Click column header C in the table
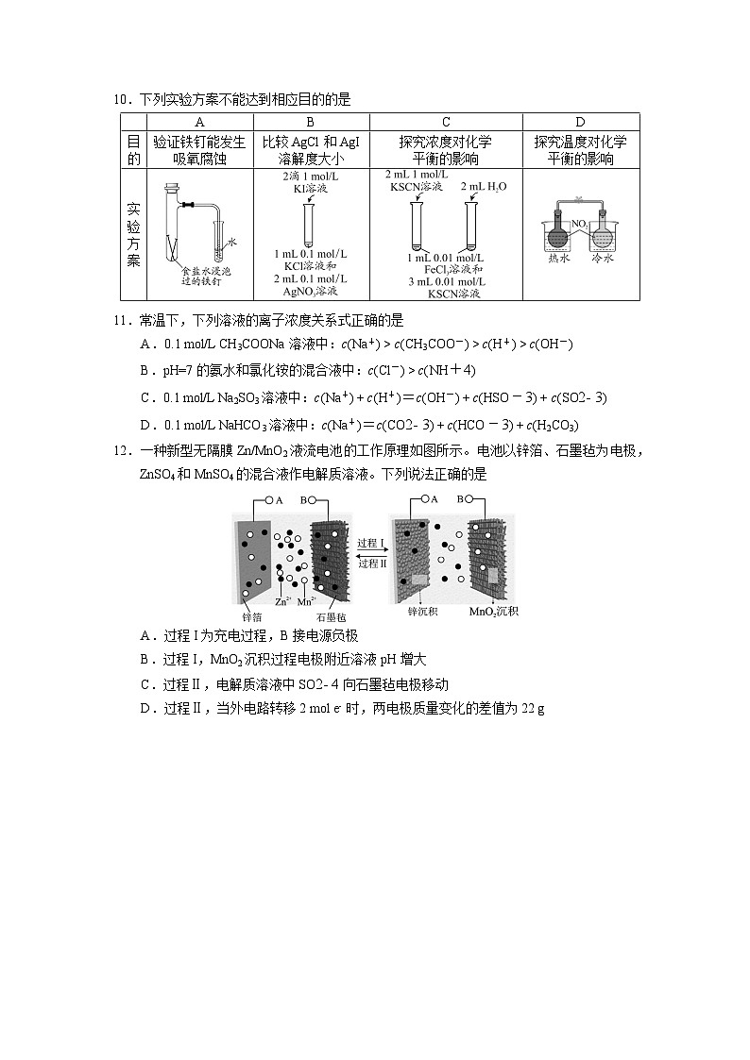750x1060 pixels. tap(446, 122)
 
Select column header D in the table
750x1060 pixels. tap(580, 122)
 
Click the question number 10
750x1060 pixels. tap(120, 99)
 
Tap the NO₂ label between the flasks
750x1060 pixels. tap(580, 224)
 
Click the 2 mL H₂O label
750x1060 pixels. tap(484, 187)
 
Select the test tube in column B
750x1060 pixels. tap(308, 224)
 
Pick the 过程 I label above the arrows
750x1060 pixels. tap(372, 544)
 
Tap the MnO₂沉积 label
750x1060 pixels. tap(494, 613)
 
